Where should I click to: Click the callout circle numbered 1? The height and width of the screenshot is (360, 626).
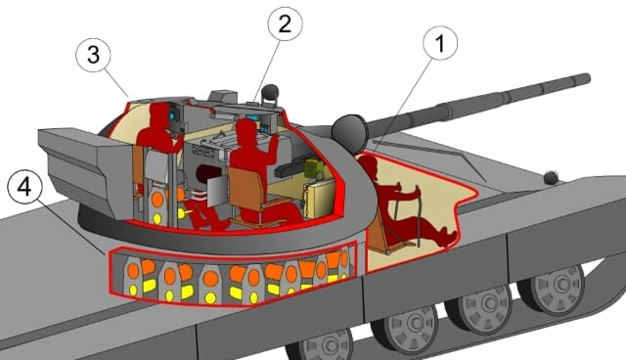440,43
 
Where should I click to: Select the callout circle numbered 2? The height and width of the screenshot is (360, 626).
285,23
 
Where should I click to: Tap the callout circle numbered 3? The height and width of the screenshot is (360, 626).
93,55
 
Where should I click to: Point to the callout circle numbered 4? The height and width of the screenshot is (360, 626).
24,186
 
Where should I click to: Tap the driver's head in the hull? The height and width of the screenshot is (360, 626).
369,164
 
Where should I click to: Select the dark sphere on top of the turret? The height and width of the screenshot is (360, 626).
271,92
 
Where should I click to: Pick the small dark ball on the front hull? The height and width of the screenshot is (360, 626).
551,178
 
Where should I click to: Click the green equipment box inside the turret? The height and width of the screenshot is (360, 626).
314,168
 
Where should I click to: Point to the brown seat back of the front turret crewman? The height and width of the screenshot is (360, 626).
246,189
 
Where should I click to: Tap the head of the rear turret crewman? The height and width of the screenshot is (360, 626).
159,113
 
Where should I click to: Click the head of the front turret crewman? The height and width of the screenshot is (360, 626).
246,131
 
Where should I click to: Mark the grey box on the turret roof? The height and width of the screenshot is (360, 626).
223,97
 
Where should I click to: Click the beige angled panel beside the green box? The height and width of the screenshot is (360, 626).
321,199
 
